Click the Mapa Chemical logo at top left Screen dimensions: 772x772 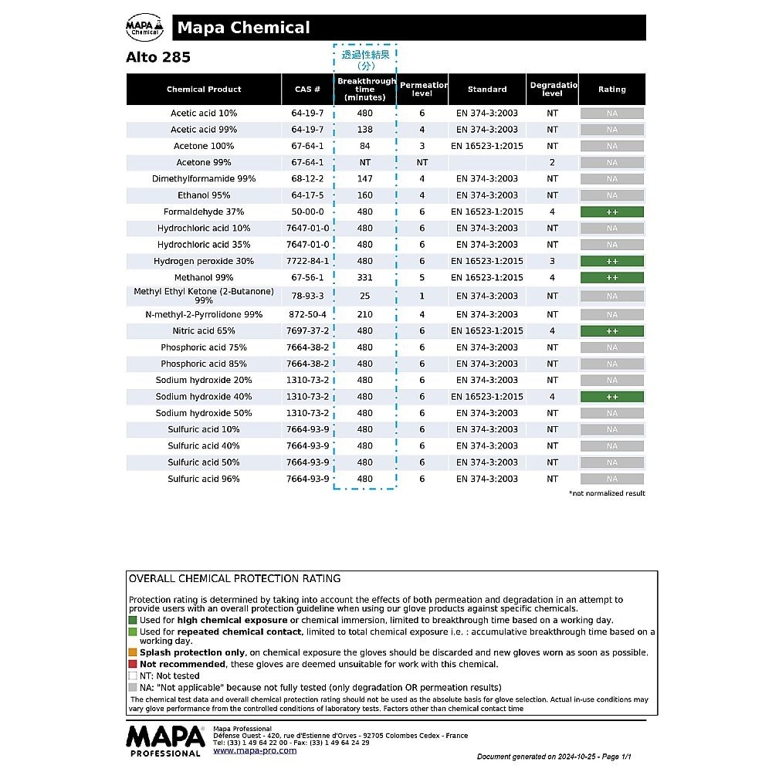click(x=145, y=28)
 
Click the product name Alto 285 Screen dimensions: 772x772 click(x=158, y=58)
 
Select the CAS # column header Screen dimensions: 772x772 click(x=307, y=90)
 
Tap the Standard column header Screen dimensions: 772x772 click(x=487, y=90)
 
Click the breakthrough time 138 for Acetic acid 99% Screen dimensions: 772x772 click(x=365, y=130)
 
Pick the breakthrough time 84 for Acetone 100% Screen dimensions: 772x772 click(x=365, y=146)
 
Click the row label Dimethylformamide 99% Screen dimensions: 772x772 click(x=204, y=179)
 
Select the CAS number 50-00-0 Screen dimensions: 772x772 click(x=307, y=212)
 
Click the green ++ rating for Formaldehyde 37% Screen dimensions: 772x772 click(x=612, y=212)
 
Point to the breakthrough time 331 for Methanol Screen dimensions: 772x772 click(x=365, y=278)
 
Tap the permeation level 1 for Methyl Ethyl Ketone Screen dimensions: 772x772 click(x=422, y=296)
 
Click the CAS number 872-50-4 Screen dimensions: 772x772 click(x=307, y=315)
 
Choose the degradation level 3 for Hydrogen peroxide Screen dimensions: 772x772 click(x=552, y=261)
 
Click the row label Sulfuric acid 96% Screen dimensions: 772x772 click(x=204, y=479)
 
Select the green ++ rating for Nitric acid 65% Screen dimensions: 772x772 click(x=612, y=331)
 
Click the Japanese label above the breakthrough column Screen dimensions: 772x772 click(x=366, y=59)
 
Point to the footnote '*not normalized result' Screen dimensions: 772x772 click(x=607, y=493)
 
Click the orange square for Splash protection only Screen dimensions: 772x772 click(x=133, y=652)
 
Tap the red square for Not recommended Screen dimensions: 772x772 click(x=133, y=664)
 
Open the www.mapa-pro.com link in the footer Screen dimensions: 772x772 click(x=255, y=750)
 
